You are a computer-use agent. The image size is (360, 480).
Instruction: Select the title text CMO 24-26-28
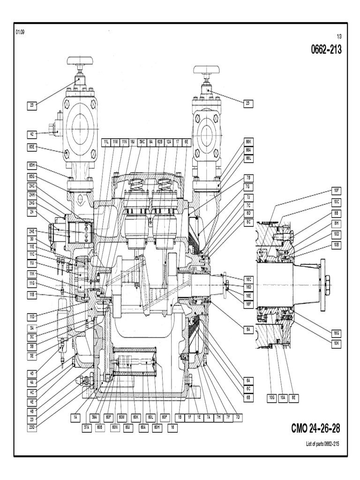click(315, 428)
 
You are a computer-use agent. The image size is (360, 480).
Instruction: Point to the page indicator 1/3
click(339, 37)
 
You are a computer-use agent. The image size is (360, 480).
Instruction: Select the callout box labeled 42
click(32, 134)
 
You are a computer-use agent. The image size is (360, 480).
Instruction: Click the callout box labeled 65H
click(32, 165)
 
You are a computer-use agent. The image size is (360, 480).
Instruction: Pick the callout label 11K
click(32, 273)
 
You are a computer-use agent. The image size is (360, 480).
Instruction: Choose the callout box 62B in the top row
click(159, 142)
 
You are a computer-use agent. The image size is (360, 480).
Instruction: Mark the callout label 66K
click(248, 141)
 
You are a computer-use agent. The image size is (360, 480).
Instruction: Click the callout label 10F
click(336, 190)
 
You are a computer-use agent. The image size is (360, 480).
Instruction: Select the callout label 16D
click(248, 286)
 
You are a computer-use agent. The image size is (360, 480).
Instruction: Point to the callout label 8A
click(248, 330)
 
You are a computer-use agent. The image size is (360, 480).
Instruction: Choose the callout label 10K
click(336, 343)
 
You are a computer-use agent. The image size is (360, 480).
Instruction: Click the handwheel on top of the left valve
click(80, 61)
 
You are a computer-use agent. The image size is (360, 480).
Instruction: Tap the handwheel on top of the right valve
click(207, 70)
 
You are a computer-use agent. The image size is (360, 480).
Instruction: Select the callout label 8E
click(295, 398)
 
